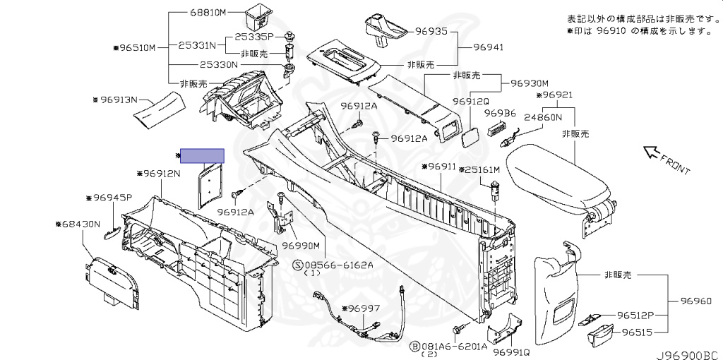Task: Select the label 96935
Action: (x=431, y=31)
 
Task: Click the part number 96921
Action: (x=557, y=95)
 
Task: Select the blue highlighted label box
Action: (x=203, y=155)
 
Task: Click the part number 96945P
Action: (x=109, y=198)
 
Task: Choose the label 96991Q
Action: (x=511, y=352)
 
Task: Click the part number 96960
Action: (x=696, y=301)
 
